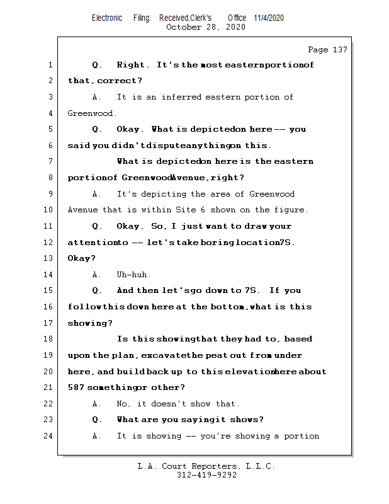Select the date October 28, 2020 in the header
point(206,27)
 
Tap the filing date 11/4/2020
point(269,18)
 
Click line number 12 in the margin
point(49,243)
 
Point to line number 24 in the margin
point(49,436)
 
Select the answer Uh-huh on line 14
point(133,275)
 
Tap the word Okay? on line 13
point(82,258)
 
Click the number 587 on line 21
point(76,387)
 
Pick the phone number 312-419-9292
point(206,476)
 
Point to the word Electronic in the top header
point(107,18)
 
